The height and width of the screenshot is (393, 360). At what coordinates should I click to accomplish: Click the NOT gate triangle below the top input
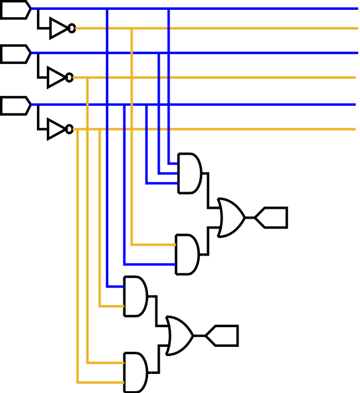(59, 28)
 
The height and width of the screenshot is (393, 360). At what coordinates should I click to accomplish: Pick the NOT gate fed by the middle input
(57, 78)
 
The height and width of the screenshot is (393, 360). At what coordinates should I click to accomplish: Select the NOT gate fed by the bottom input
(57, 129)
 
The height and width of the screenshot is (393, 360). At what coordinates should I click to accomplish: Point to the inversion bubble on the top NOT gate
(72, 28)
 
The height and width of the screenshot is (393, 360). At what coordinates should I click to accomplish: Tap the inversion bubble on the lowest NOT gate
(69, 129)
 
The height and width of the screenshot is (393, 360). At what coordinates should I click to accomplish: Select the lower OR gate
(179, 336)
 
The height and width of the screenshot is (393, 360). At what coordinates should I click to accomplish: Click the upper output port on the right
(272, 217)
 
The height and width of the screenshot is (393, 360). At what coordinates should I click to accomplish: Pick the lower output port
(222, 336)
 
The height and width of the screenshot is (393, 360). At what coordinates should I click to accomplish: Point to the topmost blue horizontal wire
(259, 9)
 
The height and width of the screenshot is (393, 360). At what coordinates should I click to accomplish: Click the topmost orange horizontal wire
(259, 28)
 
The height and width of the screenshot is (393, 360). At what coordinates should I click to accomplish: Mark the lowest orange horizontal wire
(259, 129)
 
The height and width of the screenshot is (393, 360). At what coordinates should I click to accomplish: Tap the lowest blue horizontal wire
(259, 105)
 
